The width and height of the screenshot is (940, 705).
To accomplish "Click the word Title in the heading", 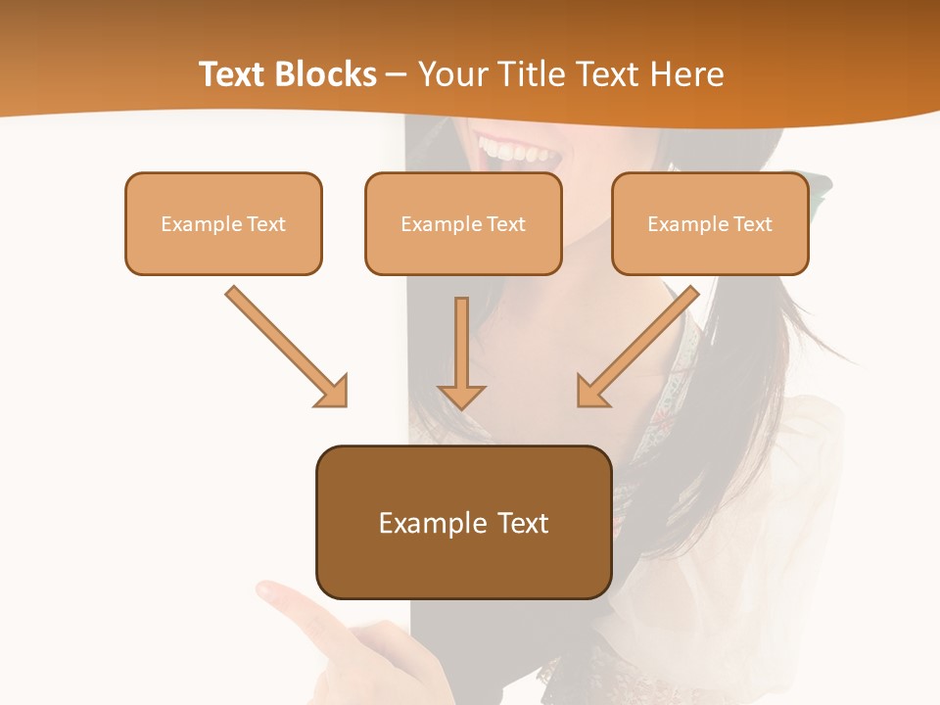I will tap(527, 74).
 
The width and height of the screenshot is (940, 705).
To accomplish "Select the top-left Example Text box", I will tap(223, 223).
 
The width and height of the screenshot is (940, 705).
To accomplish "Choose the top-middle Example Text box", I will tap(463, 223).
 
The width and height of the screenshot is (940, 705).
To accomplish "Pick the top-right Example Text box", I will tap(710, 223).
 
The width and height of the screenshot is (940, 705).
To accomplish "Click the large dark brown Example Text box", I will tap(463, 522).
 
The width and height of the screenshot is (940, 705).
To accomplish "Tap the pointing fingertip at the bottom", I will tap(266, 589).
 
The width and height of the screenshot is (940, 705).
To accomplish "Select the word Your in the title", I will tap(450, 74).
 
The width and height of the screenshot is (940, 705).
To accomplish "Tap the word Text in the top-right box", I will tap(752, 224).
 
